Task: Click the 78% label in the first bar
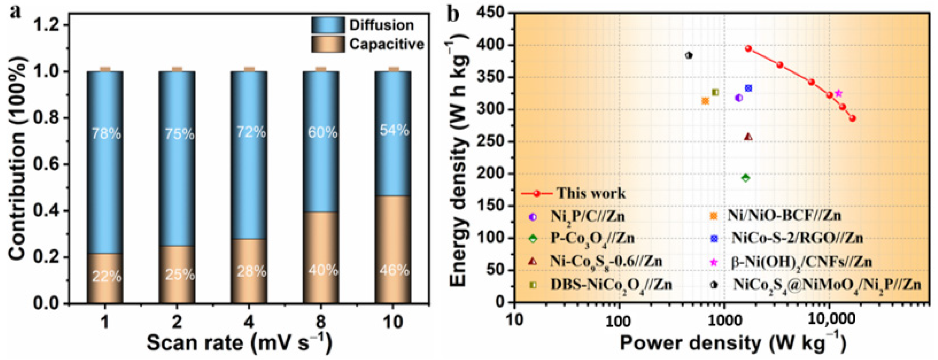click(x=106, y=134)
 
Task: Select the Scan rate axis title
click(x=239, y=343)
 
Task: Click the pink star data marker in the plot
click(x=839, y=94)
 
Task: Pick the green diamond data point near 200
click(x=746, y=178)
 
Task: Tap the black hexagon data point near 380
click(x=688, y=55)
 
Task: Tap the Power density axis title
click(x=732, y=343)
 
